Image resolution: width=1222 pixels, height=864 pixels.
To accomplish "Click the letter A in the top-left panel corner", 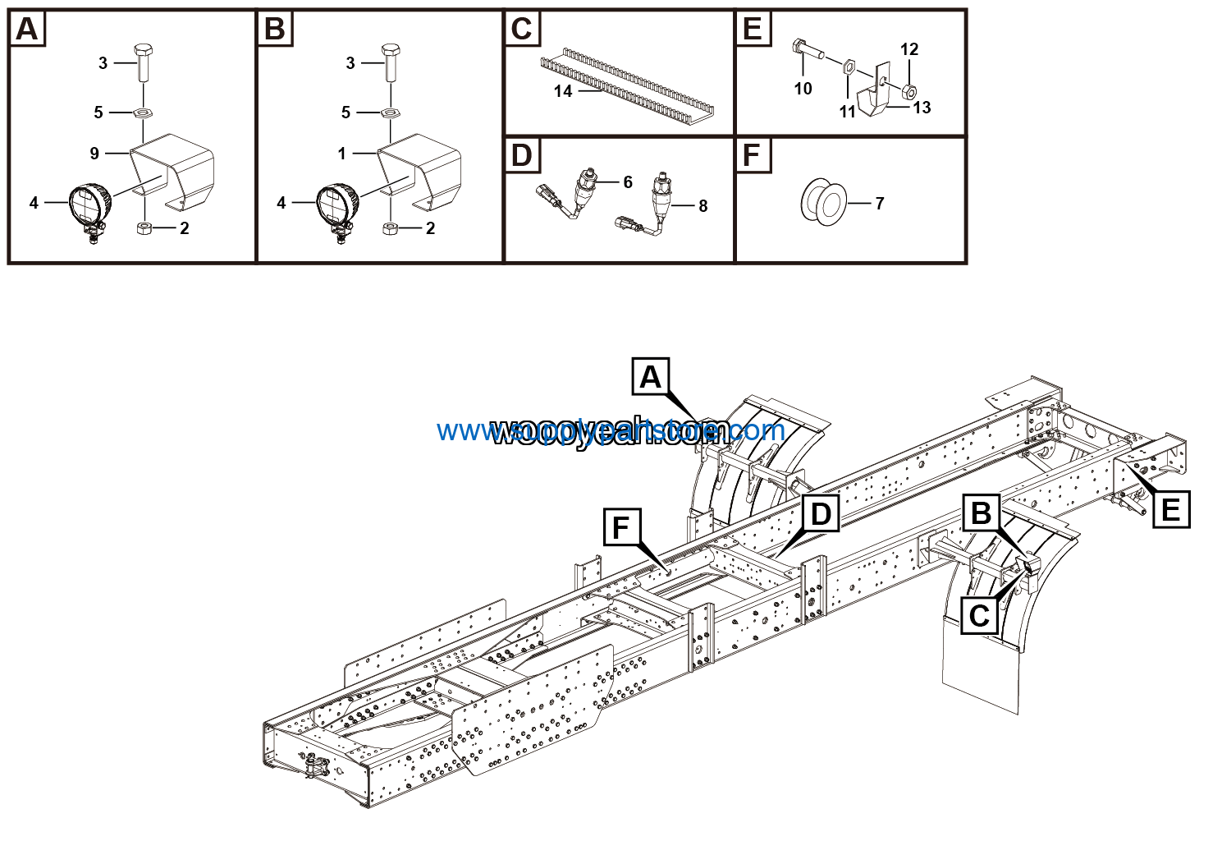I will coord(27,29).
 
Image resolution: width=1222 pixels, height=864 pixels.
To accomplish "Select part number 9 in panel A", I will coord(94,153).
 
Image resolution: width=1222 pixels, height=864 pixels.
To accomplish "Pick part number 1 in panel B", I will coord(342,153).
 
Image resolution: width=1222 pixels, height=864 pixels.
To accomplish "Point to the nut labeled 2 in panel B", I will coord(391,227).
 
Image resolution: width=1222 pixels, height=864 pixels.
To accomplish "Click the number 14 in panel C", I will coord(562,91).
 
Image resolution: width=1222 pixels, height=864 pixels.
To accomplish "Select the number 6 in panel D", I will coord(628,182).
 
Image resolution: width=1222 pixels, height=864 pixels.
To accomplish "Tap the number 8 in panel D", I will coord(703,205).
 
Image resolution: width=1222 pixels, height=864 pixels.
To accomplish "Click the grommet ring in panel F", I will coord(822,202).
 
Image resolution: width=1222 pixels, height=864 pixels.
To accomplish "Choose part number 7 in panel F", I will coord(880,203).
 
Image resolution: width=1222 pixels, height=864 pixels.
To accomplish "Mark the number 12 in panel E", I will coord(909,49).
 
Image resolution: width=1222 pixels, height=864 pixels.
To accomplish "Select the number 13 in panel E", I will coord(922,108).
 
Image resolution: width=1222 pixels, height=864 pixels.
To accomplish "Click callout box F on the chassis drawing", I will coord(620,526).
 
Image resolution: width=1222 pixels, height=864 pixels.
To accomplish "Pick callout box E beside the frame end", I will coord(1170,510).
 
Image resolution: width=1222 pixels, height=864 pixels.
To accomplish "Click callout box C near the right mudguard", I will coord(979,614).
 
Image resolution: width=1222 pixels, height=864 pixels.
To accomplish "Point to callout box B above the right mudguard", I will coord(981,513).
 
